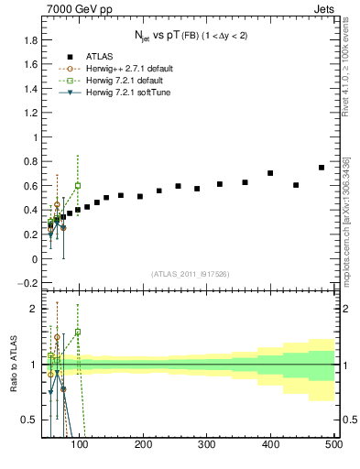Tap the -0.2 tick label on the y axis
coord(27,283)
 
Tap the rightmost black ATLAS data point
coord(321,168)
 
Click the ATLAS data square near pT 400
coord(270,173)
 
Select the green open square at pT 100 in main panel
coord(78,185)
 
